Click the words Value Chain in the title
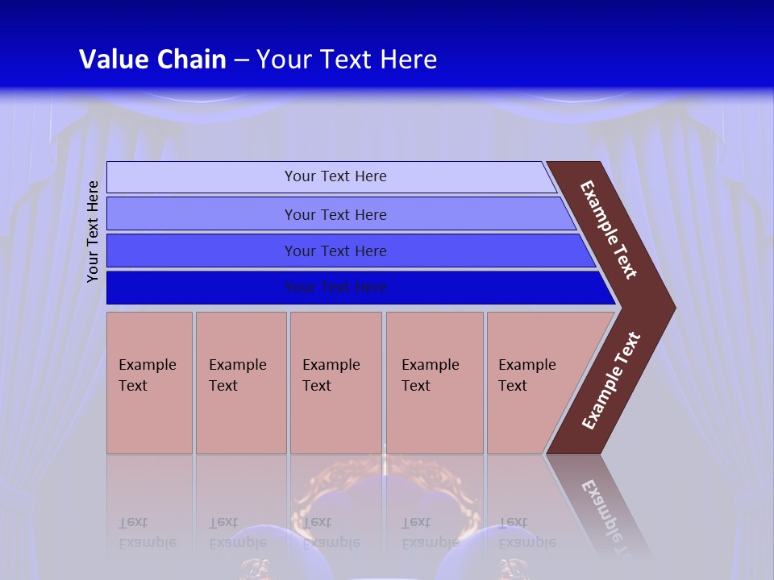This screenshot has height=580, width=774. coord(152,60)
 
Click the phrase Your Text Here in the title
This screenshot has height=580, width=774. coord(347,60)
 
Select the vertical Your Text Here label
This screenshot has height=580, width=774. coord(94,231)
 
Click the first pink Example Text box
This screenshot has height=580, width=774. coord(149,383)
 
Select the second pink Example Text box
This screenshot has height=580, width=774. coord(240,383)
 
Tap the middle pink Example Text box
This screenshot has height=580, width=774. coord(335,383)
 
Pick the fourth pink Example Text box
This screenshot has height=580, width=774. coord(434,383)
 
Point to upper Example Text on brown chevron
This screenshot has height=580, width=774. coord(609,230)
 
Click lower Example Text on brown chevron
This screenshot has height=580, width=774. coord(610,381)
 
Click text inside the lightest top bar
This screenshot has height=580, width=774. coord(335,176)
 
